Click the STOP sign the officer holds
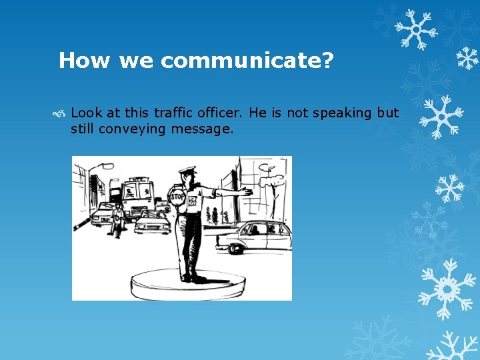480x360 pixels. [x=178, y=197]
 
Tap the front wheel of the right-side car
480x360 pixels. [x=235, y=248]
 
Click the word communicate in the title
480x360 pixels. [x=247, y=61]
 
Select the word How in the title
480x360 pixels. [x=85, y=61]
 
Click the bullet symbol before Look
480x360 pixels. [x=63, y=113]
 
